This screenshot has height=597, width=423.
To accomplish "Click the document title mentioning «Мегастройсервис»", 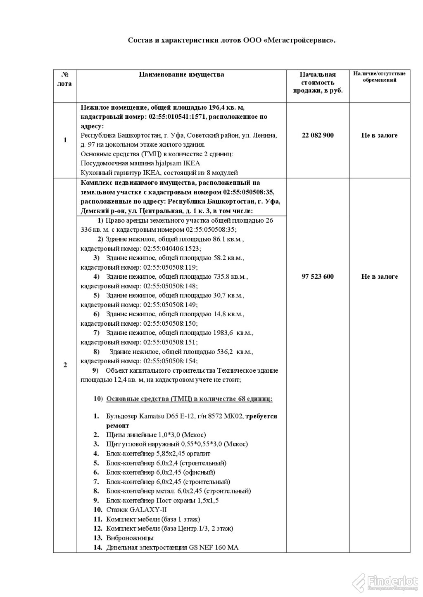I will (231, 40).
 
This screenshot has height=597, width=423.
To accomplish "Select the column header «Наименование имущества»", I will (181, 75).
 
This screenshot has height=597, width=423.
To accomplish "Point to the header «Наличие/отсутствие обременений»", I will (379, 77).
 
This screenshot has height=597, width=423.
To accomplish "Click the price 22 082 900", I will (318, 135).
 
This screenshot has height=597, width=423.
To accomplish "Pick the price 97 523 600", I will (318, 276).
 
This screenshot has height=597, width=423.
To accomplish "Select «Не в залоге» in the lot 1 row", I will (379, 135).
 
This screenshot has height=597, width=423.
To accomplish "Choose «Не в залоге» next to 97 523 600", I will (379, 276).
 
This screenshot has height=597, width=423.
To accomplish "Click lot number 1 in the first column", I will (65, 140).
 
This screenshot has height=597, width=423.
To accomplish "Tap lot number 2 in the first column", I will (65, 365).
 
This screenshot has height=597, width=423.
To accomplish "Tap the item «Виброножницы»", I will (130, 538).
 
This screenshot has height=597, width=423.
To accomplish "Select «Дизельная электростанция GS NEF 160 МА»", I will (172, 548).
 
